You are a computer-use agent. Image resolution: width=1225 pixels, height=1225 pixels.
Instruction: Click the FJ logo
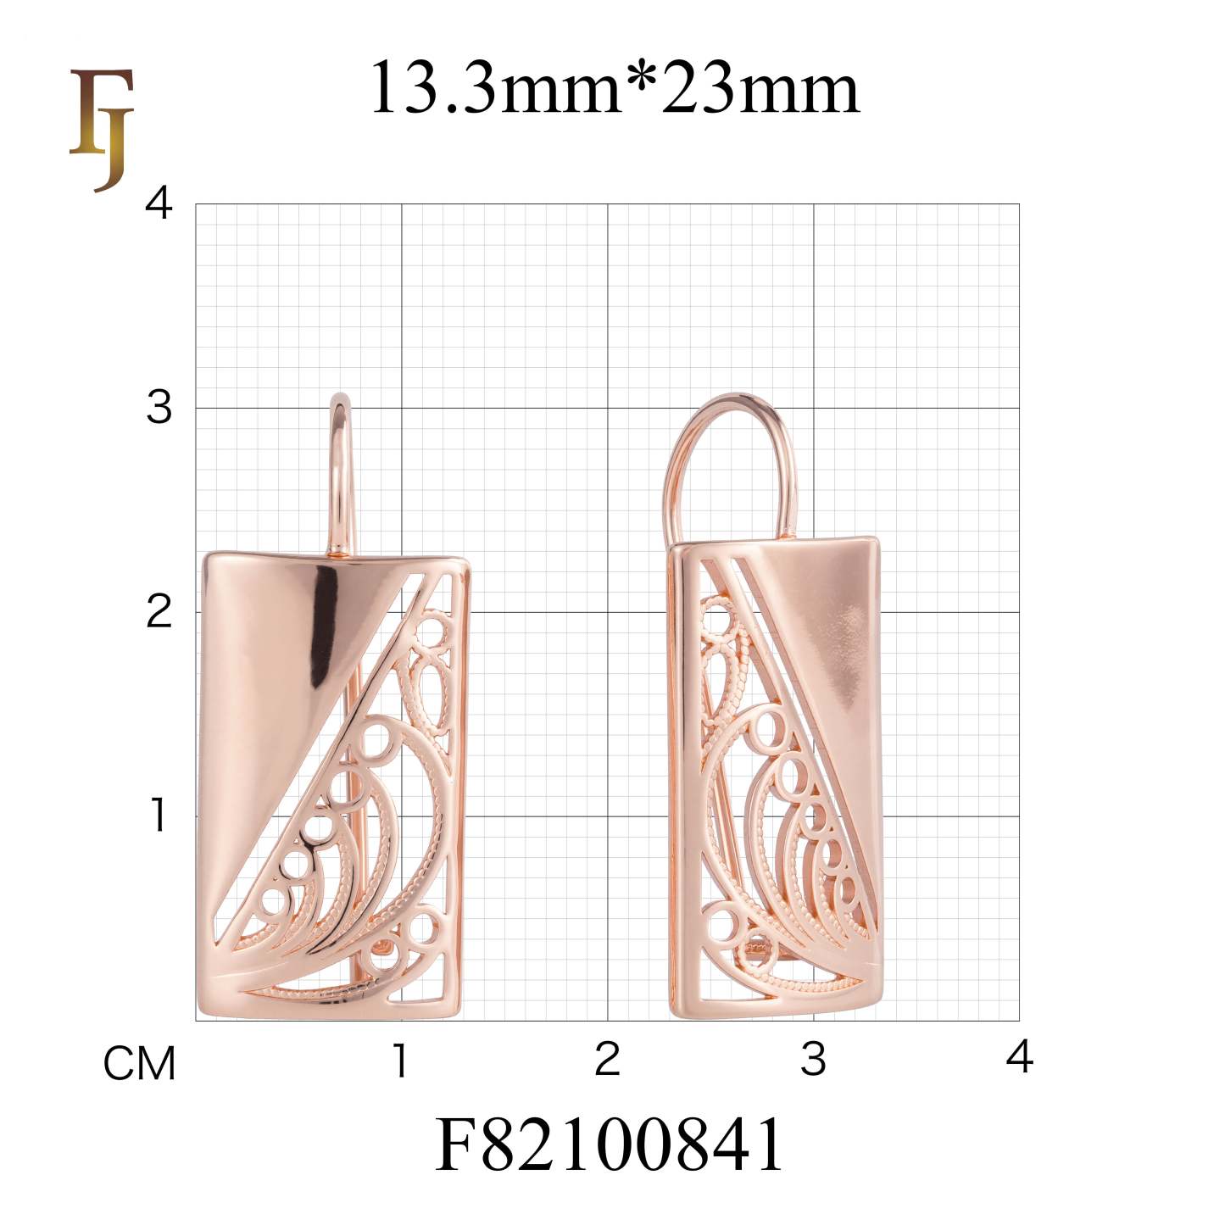point(102,129)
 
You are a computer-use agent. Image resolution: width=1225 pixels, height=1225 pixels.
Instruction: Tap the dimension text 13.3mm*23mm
point(614,87)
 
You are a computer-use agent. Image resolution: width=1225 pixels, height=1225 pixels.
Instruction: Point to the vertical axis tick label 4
point(159,204)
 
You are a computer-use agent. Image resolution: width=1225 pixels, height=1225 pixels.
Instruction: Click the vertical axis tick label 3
point(159,408)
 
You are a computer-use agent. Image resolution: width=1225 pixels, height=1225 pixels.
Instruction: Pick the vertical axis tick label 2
point(159,611)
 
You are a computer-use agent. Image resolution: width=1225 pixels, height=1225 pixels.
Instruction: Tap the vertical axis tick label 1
point(159,816)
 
